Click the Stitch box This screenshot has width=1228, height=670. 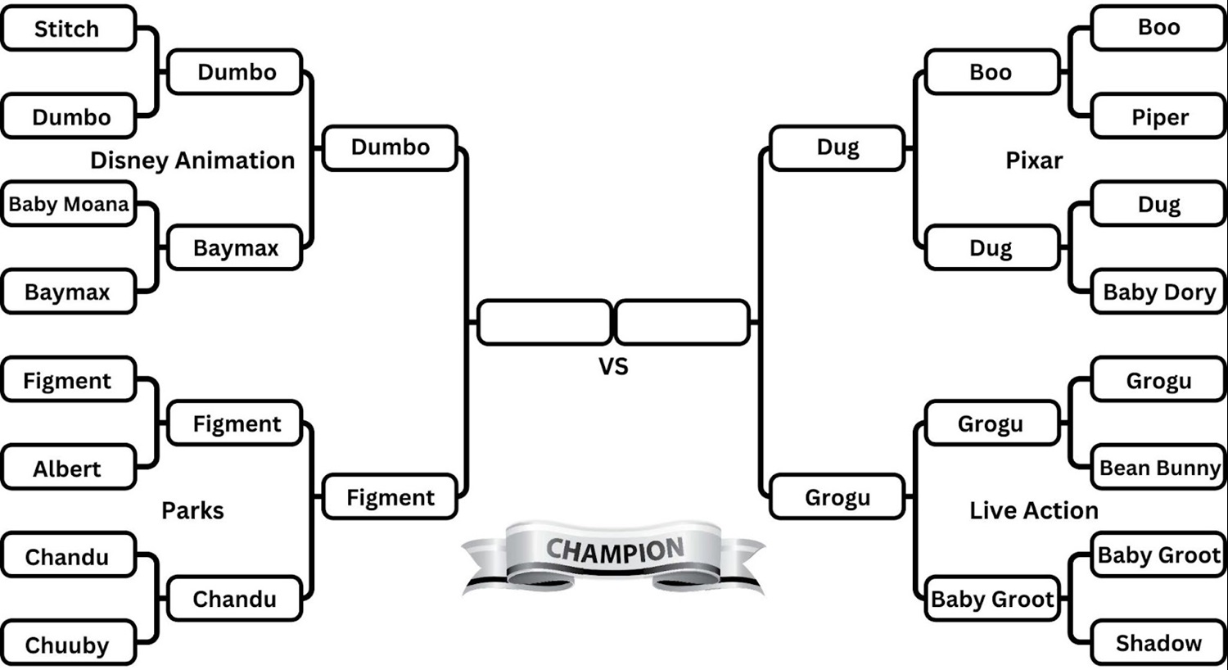point(68,29)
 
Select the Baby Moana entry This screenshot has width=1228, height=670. point(68,204)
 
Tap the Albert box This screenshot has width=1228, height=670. point(68,469)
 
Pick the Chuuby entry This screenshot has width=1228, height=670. point(68,645)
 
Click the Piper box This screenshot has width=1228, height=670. point(1159,117)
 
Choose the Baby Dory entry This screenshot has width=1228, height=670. point(1159,292)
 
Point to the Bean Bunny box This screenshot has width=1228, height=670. point(1159,468)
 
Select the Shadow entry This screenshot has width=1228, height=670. point(1159,643)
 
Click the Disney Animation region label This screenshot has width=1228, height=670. point(192,161)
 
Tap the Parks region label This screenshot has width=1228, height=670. point(192,510)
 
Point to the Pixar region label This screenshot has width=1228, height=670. point(1034,161)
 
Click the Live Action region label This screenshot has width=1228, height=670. point(1034,510)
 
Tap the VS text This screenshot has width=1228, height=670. point(613,366)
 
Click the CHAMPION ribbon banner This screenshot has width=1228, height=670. point(614,553)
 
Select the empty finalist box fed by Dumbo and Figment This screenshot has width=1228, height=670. point(544,322)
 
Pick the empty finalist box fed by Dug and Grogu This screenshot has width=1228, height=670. point(682,322)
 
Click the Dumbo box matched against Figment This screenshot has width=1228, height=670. point(391,147)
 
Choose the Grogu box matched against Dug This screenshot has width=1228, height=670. point(837,497)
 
